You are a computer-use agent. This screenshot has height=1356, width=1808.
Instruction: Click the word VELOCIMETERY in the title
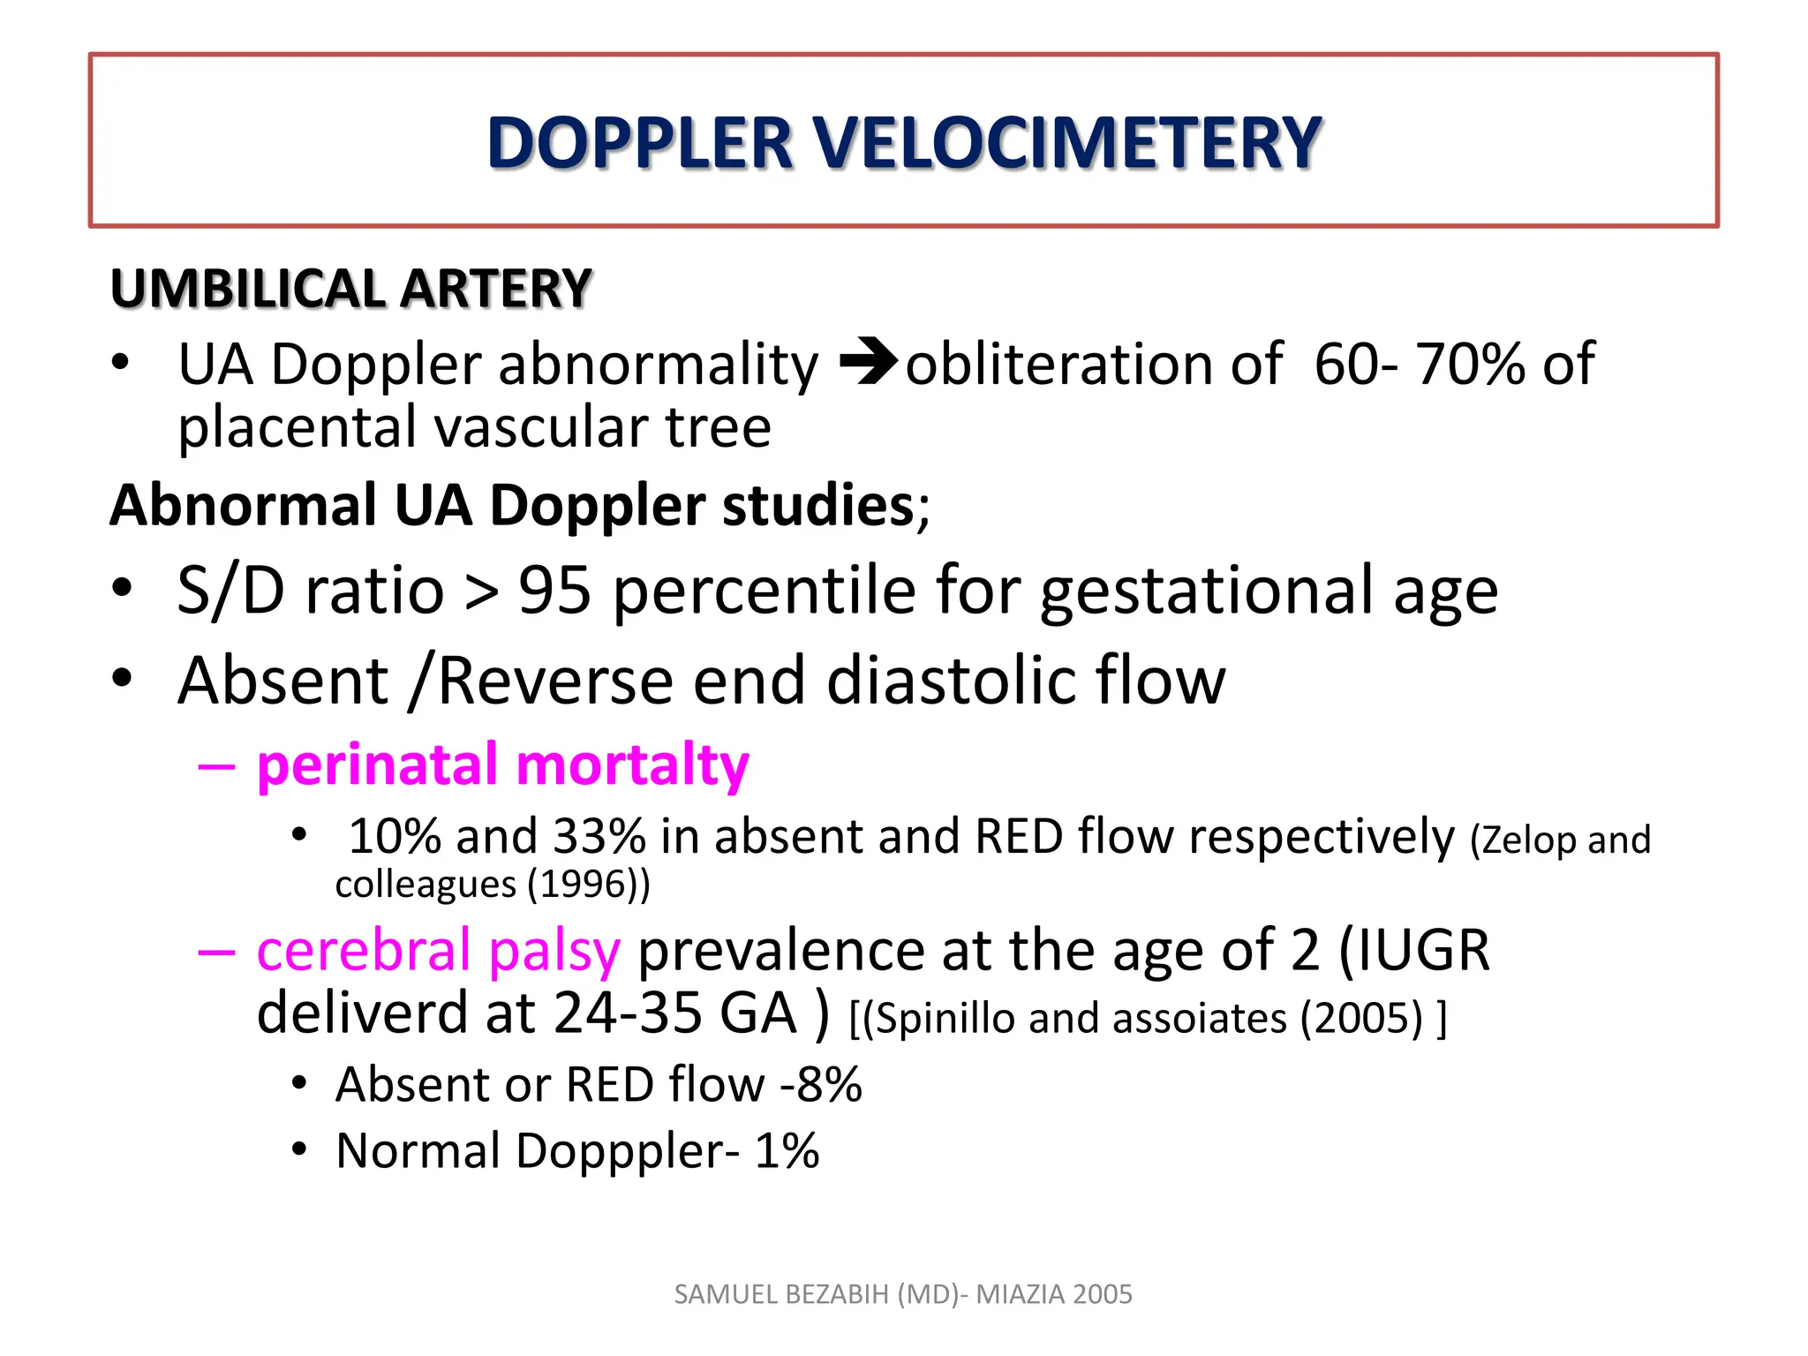(x=1066, y=143)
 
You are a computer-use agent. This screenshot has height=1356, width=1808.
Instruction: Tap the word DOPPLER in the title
(x=640, y=143)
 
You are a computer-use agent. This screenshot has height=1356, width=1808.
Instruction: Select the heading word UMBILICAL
(x=248, y=289)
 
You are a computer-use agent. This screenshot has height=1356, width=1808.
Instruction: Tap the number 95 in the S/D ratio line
(x=554, y=590)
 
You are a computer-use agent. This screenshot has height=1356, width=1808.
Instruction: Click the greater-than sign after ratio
(x=481, y=591)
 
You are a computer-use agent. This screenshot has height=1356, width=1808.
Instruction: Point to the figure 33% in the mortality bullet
(x=599, y=836)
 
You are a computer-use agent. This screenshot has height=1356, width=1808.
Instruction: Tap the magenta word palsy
(x=554, y=952)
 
